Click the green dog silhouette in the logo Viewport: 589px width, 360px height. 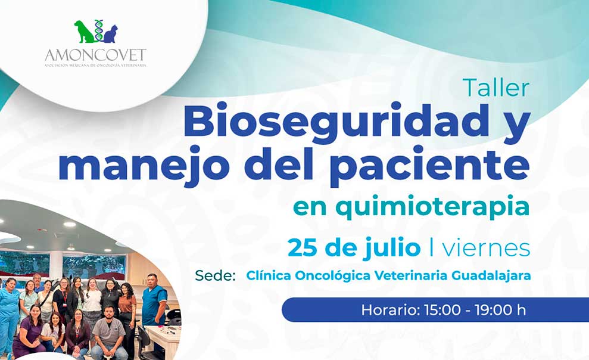pos(85,32)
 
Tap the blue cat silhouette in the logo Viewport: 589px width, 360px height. pos(110,34)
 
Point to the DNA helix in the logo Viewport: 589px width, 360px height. pos(99,30)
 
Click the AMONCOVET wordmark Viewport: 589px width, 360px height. pos(95,55)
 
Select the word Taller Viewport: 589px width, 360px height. pos(496,88)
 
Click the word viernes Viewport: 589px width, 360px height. pos(486,249)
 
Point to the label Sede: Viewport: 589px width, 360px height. pos(215,275)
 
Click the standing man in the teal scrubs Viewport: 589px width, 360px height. pos(154,300)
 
